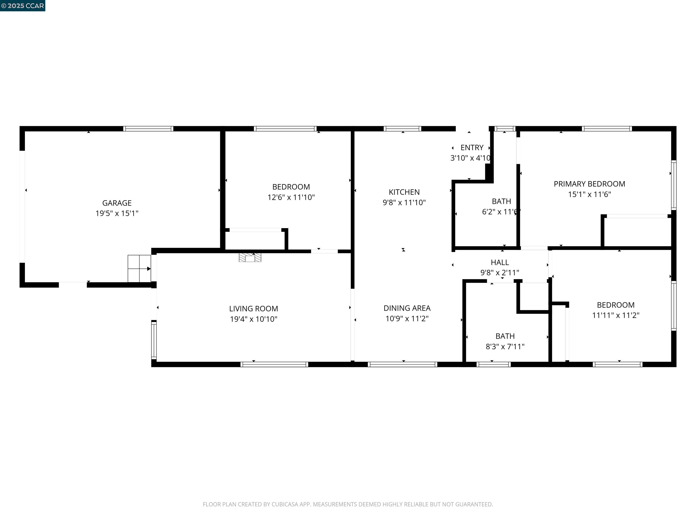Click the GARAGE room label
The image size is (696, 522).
[x=117, y=203]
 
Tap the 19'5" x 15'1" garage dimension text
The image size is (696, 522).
[x=117, y=213]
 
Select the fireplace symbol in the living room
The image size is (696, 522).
[x=250, y=258]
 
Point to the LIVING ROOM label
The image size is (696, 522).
[x=253, y=309]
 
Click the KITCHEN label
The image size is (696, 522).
[x=404, y=192]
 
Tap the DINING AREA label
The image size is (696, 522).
[x=407, y=308]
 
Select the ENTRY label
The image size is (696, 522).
[x=472, y=147]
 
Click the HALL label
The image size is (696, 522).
[x=500, y=262]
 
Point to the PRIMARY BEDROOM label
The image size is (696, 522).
[x=589, y=184]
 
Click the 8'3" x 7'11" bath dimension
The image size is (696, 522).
[x=505, y=346]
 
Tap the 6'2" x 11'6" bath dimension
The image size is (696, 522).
[x=501, y=212]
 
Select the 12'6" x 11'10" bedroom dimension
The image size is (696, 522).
[x=291, y=197]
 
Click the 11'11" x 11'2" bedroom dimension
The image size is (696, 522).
[x=615, y=315]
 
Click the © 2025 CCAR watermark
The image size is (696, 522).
[x=23, y=6]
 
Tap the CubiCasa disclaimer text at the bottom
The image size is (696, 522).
[x=348, y=504]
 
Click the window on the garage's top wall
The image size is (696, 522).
[x=148, y=129]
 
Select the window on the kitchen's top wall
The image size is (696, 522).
[x=402, y=129]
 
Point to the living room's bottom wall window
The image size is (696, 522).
[x=274, y=364]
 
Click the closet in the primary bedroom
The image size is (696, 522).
[x=637, y=232]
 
